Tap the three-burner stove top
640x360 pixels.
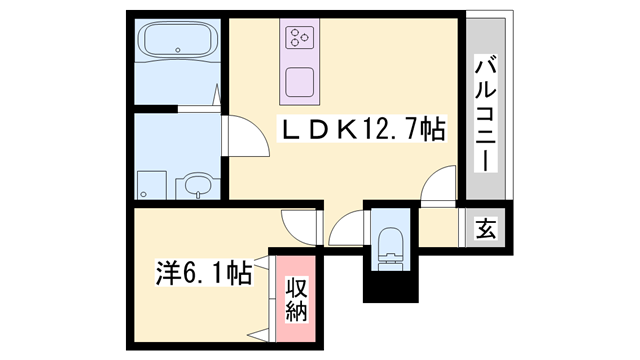click(x=300, y=38)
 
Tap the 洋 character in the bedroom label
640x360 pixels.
click(x=166, y=271)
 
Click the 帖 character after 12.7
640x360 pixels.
click(x=432, y=129)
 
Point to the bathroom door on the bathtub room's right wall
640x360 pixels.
click(x=217, y=100)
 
